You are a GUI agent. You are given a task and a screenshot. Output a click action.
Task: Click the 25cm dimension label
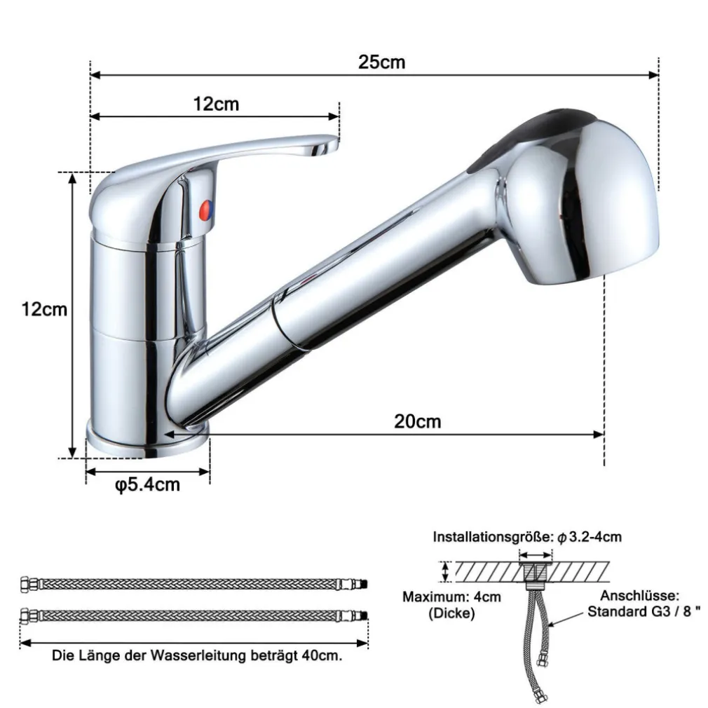point(381,62)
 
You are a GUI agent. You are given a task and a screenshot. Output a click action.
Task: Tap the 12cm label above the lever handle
point(216,104)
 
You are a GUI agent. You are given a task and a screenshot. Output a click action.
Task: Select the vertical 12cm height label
point(44,309)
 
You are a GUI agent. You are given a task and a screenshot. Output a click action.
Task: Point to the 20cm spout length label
point(417,421)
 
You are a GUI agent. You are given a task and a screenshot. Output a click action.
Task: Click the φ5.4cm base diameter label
point(148,485)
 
